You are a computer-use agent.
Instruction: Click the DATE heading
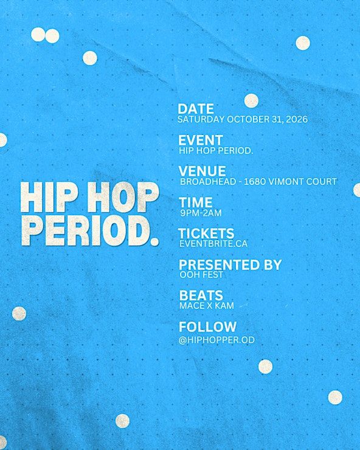196,109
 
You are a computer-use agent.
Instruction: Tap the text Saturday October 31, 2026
243,119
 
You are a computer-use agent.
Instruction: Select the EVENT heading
201,140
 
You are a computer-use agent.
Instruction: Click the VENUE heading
202,171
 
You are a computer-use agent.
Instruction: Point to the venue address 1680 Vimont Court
290,182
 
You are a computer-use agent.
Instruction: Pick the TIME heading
195,202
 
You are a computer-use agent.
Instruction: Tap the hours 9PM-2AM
201,213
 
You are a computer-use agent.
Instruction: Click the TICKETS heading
206,234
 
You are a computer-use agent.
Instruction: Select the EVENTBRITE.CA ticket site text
213,244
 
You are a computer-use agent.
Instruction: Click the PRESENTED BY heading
230,265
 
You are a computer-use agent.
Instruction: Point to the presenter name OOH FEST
201,275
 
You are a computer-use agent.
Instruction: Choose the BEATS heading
201,296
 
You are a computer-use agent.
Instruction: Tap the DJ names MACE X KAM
207,306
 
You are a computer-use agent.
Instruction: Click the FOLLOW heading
207,327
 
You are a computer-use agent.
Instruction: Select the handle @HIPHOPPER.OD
216,340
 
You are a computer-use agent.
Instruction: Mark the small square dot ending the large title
154,241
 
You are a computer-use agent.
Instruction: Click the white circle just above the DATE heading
251,101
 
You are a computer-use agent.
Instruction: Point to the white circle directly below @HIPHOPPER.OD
265,367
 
